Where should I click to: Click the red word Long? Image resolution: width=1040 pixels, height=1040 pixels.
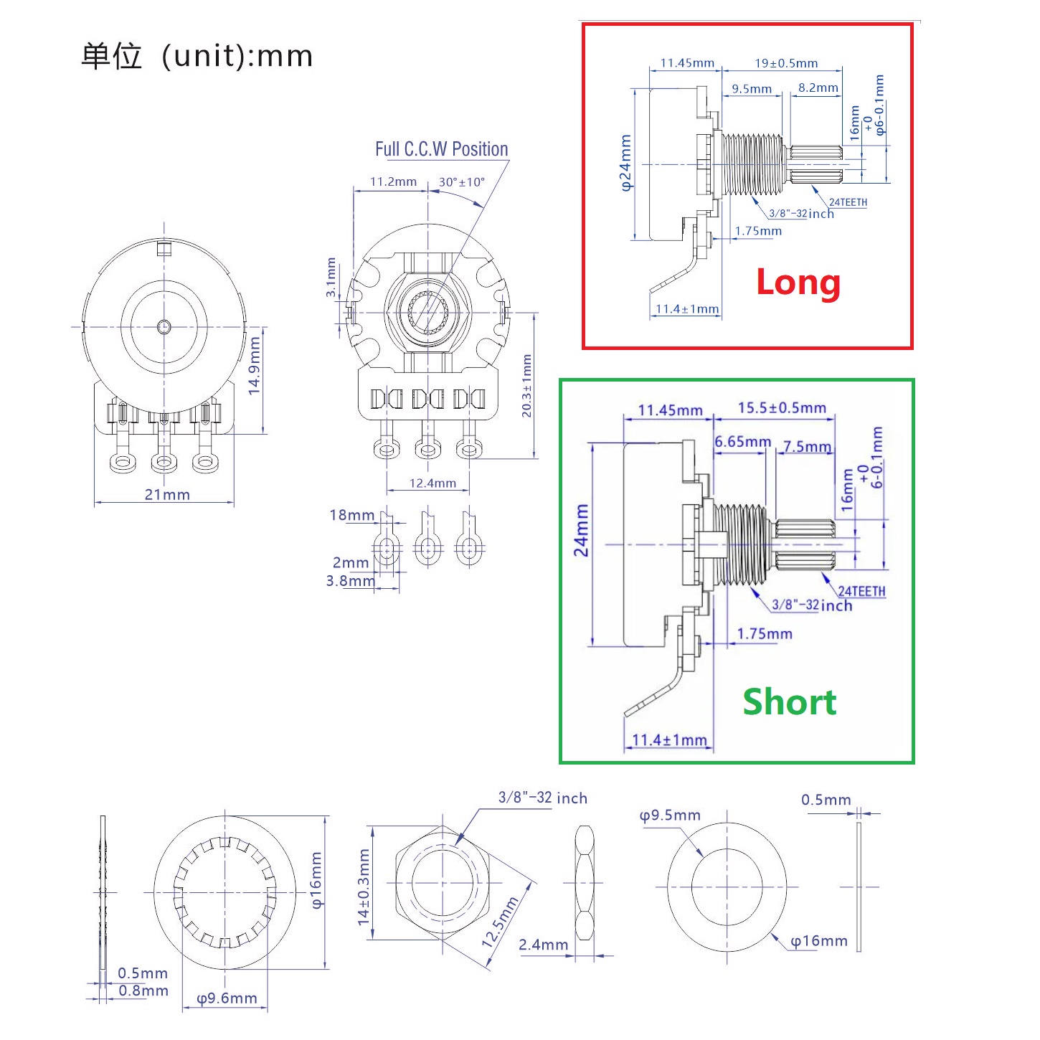point(798,282)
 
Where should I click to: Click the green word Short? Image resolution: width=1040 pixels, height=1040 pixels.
point(789,701)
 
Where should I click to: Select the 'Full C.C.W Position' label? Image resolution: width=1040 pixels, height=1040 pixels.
point(441,149)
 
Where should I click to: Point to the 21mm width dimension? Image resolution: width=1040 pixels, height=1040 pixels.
point(167,494)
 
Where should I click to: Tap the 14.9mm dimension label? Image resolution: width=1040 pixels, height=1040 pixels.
point(254,366)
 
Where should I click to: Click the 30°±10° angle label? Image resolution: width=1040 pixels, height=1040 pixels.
point(461,182)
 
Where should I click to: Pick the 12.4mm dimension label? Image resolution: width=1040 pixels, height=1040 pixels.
point(432,483)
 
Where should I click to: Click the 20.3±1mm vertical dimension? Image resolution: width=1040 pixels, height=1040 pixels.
point(526,386)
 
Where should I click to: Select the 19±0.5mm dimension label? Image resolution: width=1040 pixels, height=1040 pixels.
point(785,63)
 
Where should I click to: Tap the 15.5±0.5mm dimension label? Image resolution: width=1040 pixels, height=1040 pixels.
point(782,407)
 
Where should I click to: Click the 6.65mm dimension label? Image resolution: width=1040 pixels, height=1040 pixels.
point(742,442)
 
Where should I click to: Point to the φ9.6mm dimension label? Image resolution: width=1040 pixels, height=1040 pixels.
point(227,998)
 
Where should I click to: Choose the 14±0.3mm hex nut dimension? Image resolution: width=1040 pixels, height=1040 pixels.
point(364,887)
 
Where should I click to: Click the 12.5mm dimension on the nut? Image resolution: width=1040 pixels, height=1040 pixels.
point(500,922)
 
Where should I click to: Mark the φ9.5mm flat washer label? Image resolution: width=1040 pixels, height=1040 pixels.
point(670,816)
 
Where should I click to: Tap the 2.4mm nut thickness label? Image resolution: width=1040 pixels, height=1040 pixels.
point(544,945)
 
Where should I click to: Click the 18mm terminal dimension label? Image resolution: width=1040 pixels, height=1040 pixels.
point(351,515)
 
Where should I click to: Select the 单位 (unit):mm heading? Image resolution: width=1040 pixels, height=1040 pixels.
point(197,56)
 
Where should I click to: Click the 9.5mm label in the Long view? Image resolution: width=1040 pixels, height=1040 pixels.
point(752,89)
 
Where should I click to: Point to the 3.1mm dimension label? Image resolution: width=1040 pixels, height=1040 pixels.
point(331,278)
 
